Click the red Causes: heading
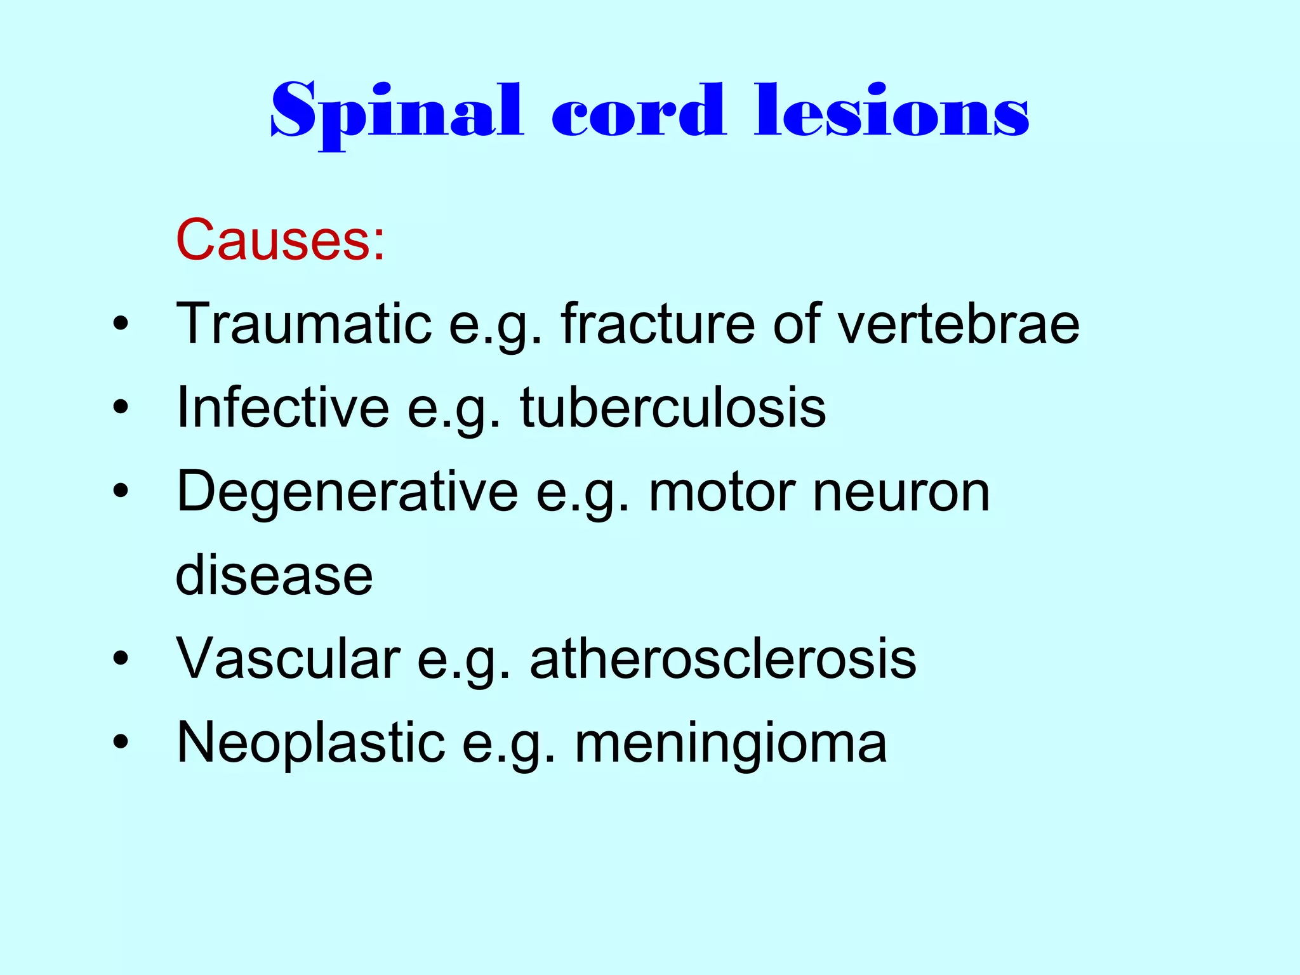coord(280,240)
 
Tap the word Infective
coord(283,408)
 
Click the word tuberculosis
coord(673,408)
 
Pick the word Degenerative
coord(347,492)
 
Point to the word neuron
coord(901,493)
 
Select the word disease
coord(274,576)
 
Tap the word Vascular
coord(288,659)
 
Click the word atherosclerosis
coord(723,659)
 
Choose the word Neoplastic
coord(311,743)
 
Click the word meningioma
coord(731,743)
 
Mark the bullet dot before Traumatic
coord(120,324)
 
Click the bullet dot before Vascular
coord(120,660)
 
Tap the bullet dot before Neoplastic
coord(120,743)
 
